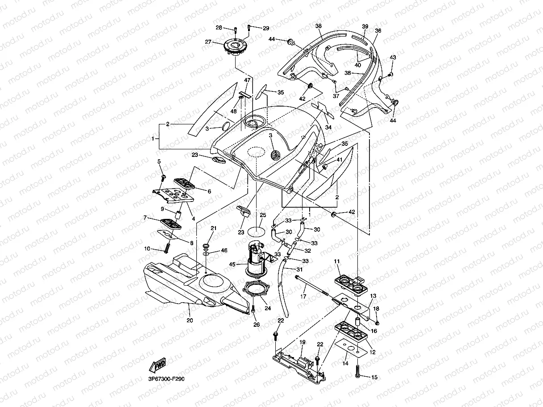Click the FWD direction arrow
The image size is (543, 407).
point(158,365)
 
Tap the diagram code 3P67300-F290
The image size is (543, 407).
point(166,379)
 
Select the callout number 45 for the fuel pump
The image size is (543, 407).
point(232,264)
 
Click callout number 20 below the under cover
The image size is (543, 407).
point(190,320)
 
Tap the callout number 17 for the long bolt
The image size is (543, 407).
point(303,296)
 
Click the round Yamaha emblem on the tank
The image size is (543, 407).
point(276,156)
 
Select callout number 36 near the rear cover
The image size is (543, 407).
point(378,31)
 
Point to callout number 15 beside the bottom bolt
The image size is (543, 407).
point(374,377)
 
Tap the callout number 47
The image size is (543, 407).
point(247,80)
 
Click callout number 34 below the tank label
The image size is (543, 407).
point(328,127)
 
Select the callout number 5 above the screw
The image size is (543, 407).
point(159,161)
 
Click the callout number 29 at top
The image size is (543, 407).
point(266,29)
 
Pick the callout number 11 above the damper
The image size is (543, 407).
point(337,261)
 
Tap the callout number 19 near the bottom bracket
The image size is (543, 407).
point(303,342)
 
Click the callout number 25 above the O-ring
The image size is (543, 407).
point(263,215)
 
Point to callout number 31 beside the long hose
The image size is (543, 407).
point(299,269)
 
